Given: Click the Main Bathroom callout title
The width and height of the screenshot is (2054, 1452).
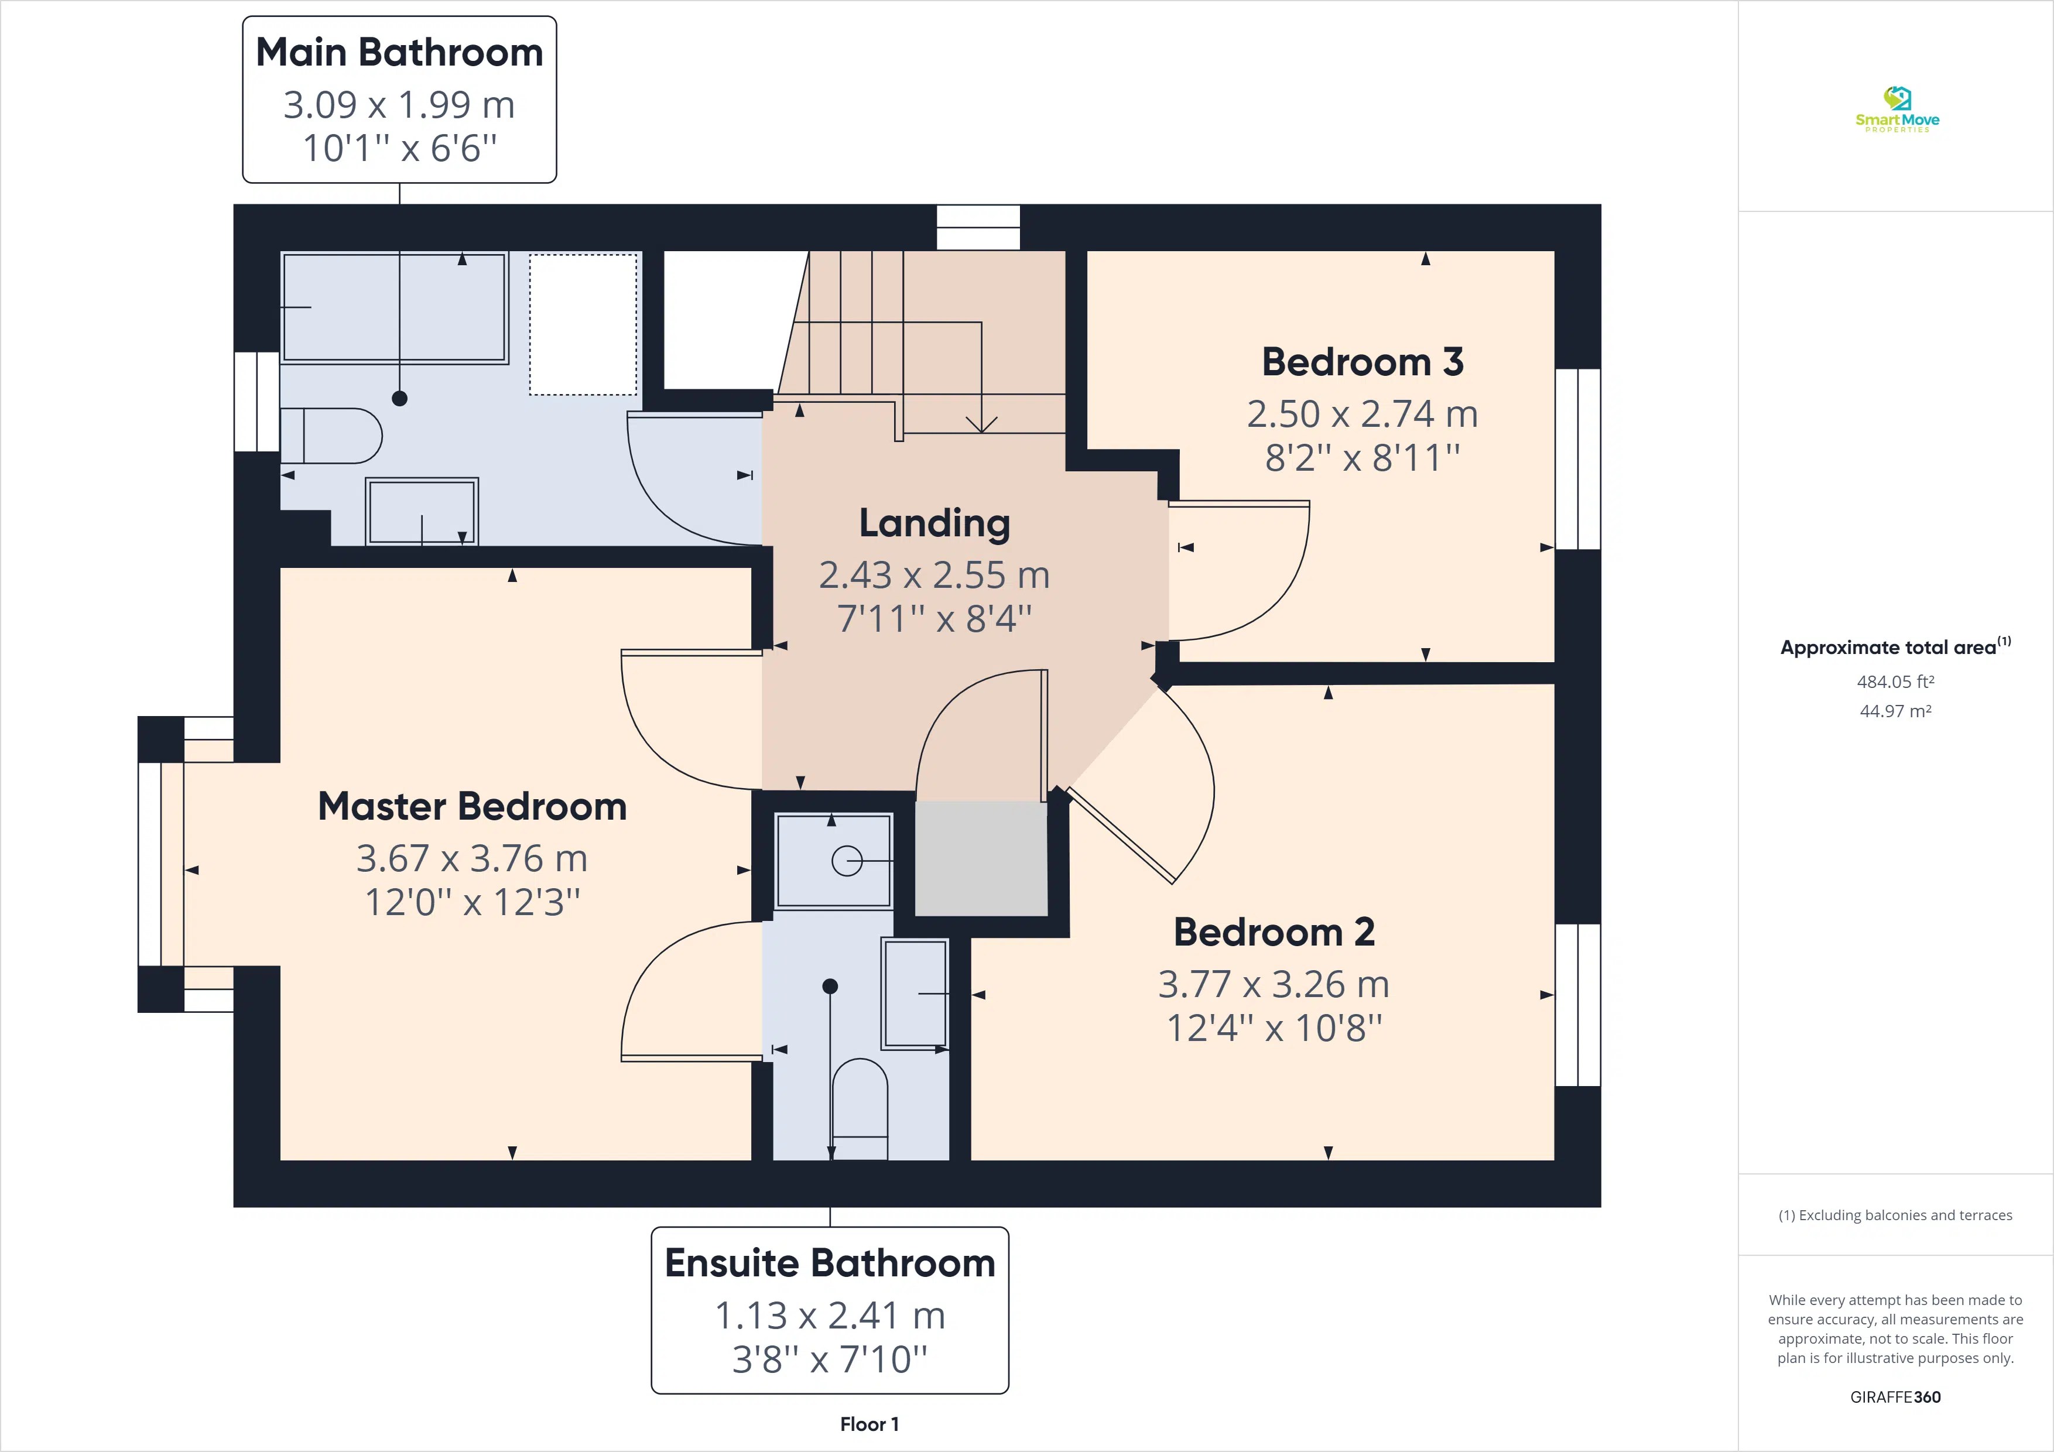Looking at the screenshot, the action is point(399,52).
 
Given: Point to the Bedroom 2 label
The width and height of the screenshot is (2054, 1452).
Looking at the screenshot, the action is point(1274,932).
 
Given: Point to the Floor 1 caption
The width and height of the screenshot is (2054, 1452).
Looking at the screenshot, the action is point(869,1424).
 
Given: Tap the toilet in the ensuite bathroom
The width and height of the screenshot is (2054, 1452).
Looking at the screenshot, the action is point(860,1109).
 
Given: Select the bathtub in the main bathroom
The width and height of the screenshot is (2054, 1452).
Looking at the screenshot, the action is point(395,308).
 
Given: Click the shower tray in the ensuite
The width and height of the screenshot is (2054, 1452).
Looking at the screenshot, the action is point(834,861).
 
